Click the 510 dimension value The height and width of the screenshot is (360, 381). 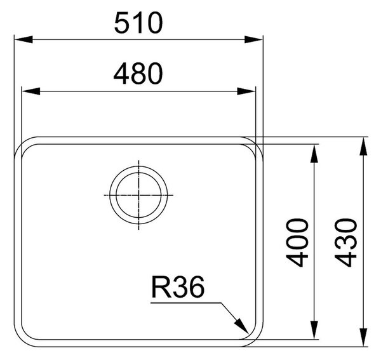pos(138,23)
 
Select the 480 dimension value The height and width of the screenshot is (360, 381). pos(138,74)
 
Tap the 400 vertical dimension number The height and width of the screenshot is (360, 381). pos(297,243)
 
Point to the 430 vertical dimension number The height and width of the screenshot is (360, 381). pos(346,243)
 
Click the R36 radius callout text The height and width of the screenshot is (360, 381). pos(178,288)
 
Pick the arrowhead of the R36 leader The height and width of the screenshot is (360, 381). pos(241,326)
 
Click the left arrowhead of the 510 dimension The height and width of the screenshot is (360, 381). pos(23,39)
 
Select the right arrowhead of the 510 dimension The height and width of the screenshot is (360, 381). pos(253,39)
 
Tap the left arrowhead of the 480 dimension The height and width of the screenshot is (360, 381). pos(31,91)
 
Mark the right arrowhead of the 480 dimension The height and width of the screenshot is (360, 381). pos(246,91)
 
